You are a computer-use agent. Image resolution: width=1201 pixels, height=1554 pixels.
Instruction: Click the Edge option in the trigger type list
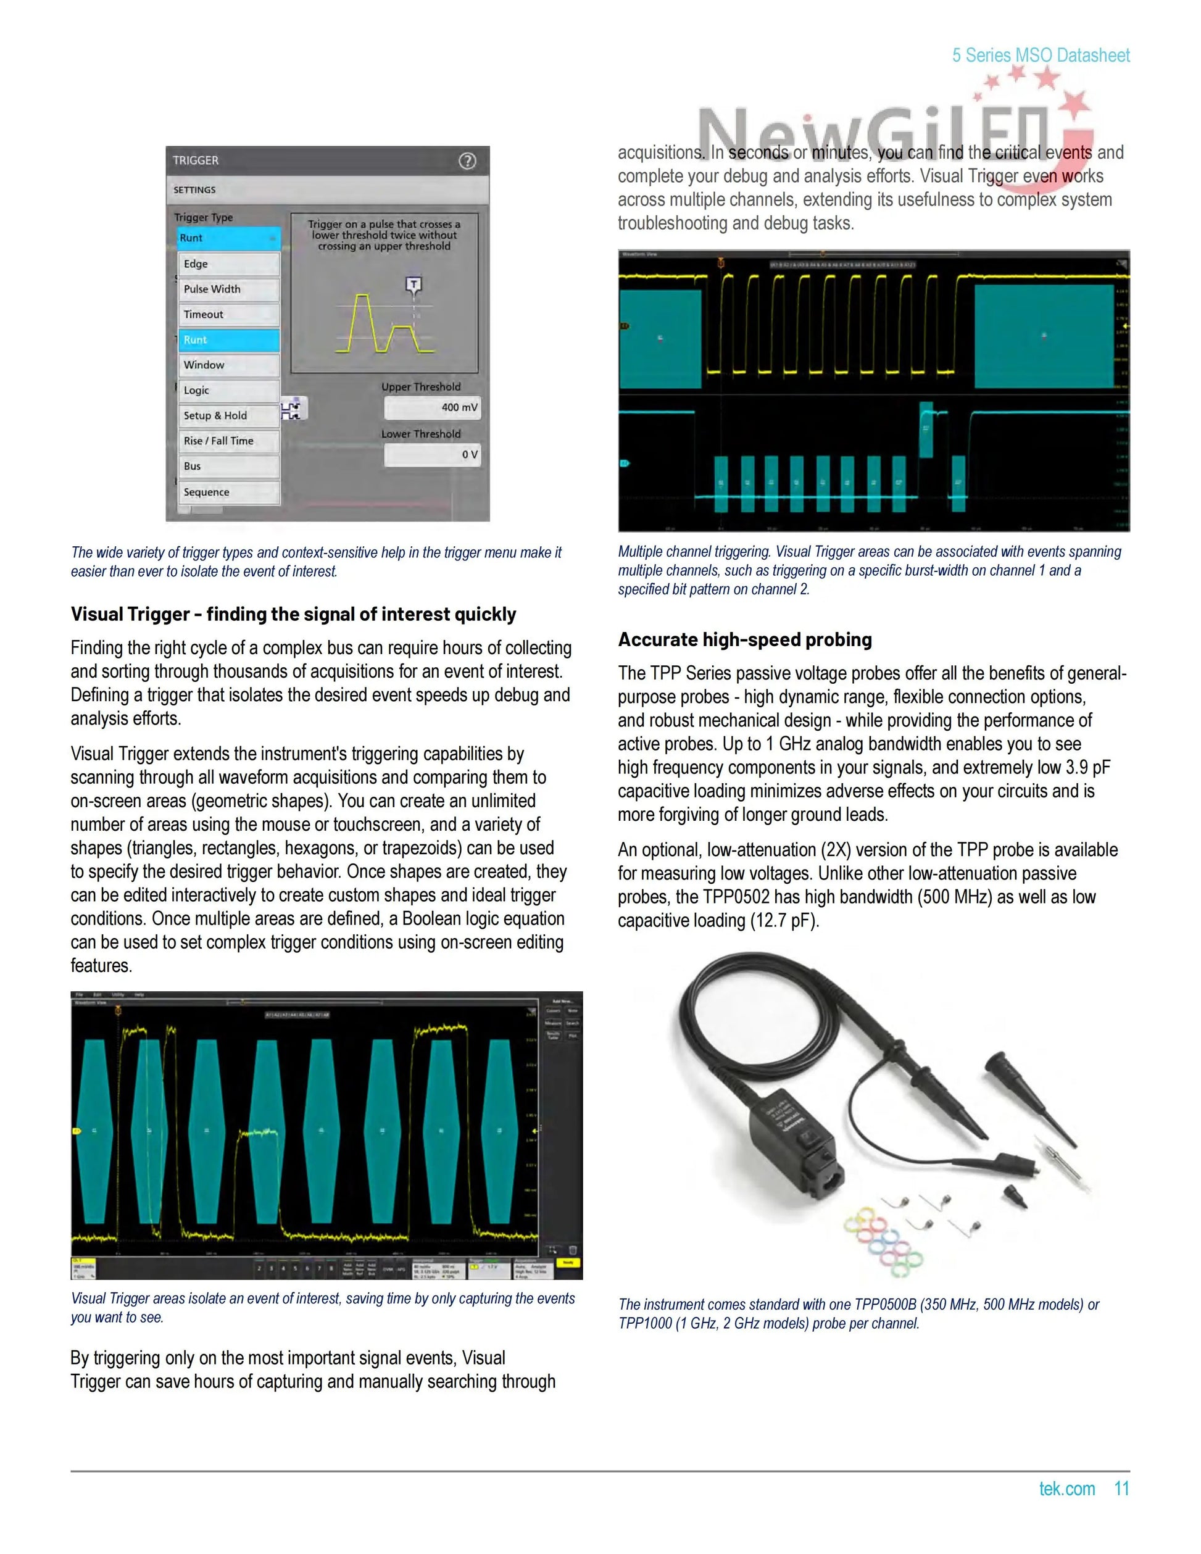228,264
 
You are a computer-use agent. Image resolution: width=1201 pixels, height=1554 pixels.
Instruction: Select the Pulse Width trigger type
228,289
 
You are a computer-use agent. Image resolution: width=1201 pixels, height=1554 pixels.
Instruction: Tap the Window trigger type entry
228,365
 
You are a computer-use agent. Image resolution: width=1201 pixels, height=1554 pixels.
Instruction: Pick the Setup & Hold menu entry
228,415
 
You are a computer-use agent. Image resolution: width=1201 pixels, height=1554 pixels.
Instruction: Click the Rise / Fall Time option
228,441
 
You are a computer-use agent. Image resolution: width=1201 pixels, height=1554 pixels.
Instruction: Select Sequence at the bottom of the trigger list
228,492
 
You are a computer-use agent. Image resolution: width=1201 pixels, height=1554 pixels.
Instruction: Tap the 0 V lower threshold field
433,455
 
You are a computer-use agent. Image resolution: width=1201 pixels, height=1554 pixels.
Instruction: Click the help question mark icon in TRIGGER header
467,161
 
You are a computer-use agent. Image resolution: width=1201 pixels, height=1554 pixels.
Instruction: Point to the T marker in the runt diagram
413,285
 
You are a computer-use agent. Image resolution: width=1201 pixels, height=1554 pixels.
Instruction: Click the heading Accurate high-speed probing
744,639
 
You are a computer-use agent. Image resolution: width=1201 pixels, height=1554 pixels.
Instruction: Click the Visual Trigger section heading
293,614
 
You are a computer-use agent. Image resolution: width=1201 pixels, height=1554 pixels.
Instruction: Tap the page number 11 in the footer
1121,1489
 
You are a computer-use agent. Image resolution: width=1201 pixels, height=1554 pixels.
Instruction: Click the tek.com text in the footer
1066,1489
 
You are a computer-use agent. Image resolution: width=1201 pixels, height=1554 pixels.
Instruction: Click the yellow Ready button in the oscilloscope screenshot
568,1264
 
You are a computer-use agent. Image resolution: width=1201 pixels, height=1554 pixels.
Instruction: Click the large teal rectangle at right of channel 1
1043,336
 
